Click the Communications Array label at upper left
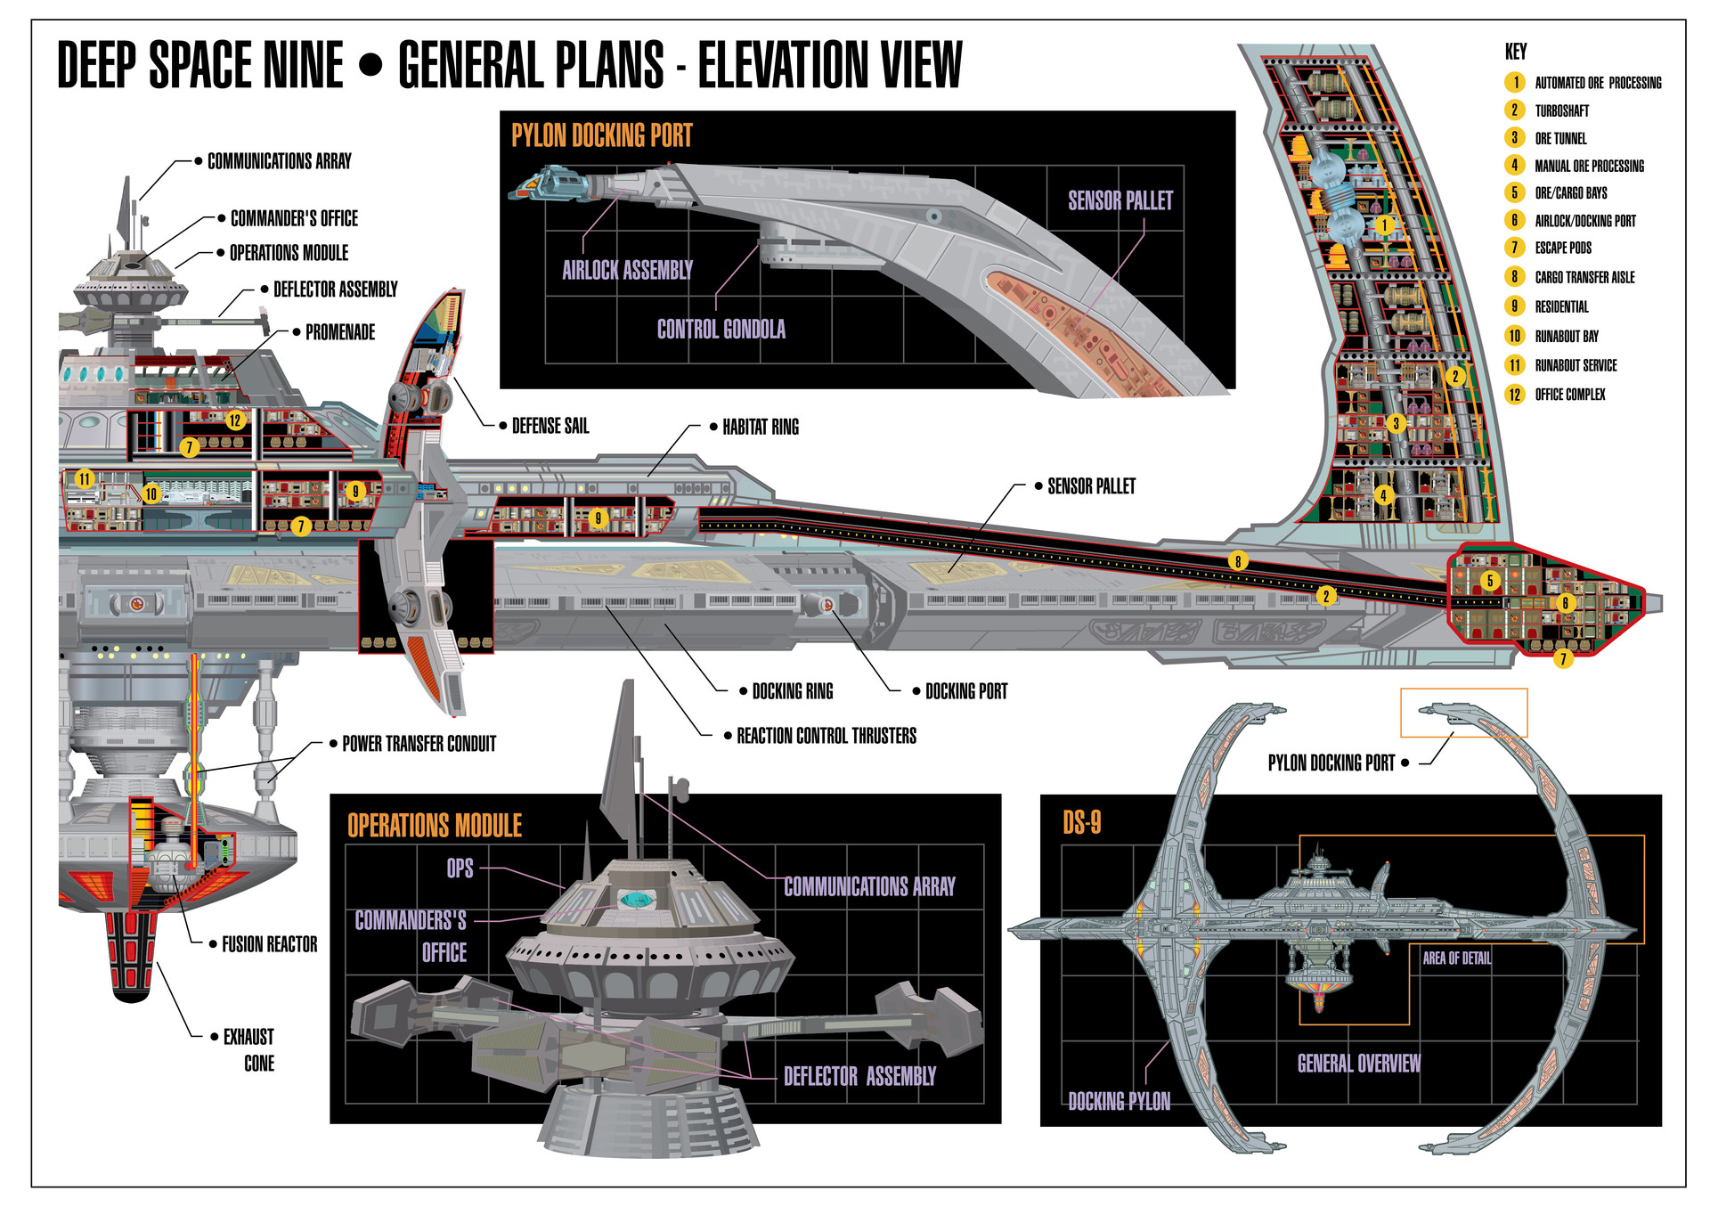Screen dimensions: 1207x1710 (279, 161)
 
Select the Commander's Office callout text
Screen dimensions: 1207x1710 (294, 218)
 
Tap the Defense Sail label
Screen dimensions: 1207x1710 (550, 426)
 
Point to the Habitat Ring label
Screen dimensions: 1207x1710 (760, 427)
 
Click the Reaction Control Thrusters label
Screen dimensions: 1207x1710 (826, 736)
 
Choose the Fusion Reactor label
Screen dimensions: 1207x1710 (269, 944)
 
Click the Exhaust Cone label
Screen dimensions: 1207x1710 (249, 1049)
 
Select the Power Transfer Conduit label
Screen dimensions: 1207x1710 (419, 744)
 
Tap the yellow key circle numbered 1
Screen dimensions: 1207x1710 (1515, 82)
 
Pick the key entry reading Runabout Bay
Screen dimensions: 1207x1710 (1566, 336)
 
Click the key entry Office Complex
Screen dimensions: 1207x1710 (1569, 394)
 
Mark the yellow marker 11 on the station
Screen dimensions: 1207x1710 (84, 478)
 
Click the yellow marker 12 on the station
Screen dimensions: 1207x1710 (235, 420)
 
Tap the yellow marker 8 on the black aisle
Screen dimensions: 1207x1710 (1237, 560)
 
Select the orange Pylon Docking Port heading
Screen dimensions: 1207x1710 (601, 135)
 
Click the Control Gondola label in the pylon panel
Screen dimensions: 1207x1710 (721, 330)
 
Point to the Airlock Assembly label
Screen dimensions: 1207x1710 (627, 270)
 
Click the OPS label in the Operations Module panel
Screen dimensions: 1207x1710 (460, 869)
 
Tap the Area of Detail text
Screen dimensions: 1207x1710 (1456, 958)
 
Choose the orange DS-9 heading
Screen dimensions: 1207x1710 (1081, 822)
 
